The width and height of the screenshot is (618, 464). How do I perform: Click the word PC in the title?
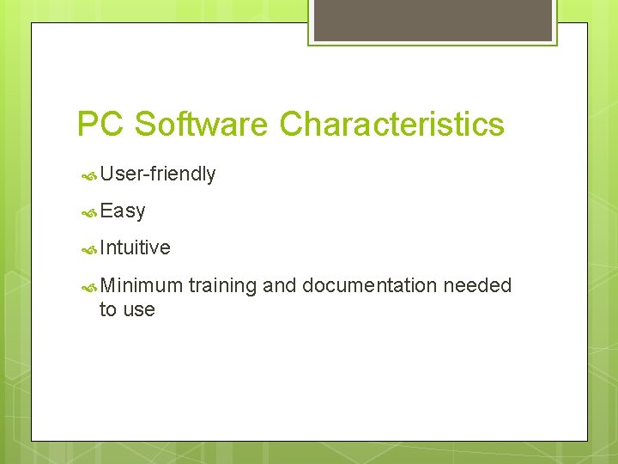tap(101, 125)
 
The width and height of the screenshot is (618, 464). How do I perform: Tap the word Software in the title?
tap(202, 125)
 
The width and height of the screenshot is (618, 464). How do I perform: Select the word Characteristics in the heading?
tap(391, 125)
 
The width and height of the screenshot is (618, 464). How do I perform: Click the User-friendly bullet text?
tap(157, 174)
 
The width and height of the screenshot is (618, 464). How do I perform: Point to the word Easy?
tap(123, 211)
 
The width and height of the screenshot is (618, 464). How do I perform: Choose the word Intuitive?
tap(135, 248)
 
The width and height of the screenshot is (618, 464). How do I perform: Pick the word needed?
tap(477, 285)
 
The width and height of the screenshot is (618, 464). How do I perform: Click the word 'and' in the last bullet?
tap(279, 285)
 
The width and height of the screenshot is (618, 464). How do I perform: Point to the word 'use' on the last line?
tap(138, 310)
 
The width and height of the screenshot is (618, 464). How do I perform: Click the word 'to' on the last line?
tap(108, 310)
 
